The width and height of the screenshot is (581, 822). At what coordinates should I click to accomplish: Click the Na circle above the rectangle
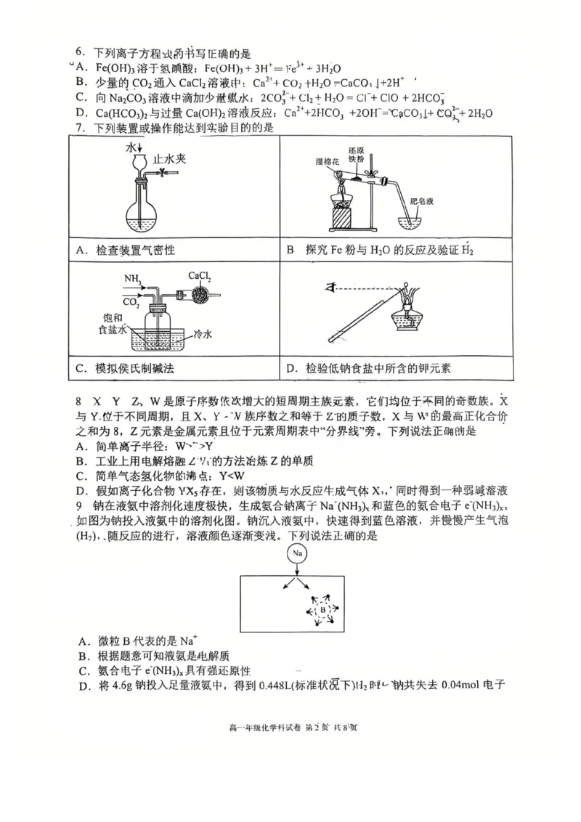[297, 553]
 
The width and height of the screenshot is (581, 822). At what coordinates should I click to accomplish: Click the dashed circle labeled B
[322, 611]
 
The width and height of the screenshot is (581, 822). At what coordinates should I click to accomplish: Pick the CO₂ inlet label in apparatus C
[131, 300]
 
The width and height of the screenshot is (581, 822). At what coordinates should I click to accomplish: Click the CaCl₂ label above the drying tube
[200, 276]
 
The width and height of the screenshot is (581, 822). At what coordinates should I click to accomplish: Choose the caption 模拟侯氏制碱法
[135, 368]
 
